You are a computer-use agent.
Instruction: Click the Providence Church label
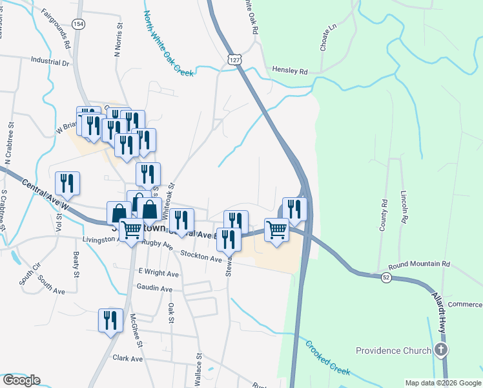(x=393, y=350)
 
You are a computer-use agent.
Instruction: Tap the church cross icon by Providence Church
(x=440, y=350)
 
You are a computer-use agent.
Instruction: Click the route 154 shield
(x=78, y=24)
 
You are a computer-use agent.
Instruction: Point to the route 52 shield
(x=385, y=277)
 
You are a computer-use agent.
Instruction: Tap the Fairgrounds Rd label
(x=56, y=28)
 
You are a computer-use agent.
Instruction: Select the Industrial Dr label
(x=50, y=62)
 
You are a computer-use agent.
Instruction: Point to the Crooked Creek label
(x=327, y=358)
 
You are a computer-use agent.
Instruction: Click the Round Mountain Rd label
(x=418, y=264)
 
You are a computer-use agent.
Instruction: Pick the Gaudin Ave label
(x=154, y=288)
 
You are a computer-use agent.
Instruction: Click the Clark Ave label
(x=127, y=358)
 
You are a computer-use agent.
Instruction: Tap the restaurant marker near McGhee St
(x=110, y=320)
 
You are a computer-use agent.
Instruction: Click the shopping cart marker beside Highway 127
(x=276, y=230)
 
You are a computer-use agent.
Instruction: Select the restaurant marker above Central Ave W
(x=67, y=183)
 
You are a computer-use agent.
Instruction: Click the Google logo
(x=21, y=380)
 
